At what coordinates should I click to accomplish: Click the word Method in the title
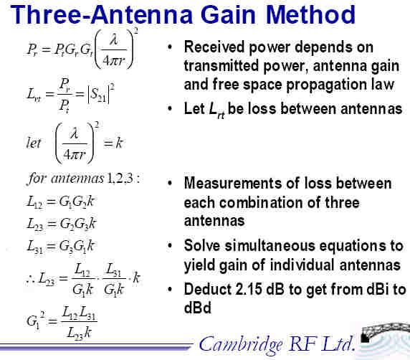pos(310,14)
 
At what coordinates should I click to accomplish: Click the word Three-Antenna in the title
pos(102,14)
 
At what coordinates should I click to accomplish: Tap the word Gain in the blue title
pos(228,14)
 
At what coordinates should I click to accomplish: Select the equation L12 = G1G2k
pos(60,202)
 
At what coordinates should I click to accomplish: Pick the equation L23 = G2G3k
pos(62,224)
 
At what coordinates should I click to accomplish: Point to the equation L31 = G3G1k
pos(60,247)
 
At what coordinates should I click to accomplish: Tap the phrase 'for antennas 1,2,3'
pos(83,179)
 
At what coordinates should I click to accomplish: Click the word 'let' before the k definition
pos(34,143)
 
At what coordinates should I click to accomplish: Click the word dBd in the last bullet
pos(197,308)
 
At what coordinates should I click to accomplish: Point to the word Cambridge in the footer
pos(241,344)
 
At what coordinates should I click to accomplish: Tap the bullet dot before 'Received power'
pos(170,47)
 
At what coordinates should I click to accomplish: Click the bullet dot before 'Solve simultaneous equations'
pos(170,246)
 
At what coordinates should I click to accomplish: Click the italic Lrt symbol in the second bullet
pos(216,110)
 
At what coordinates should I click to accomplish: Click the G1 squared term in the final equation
pos(36,320)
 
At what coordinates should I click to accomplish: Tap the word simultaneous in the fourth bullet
pos(270,246)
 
